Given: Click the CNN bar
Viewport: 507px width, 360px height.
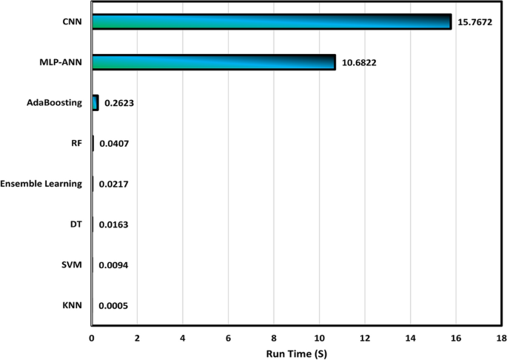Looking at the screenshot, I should tap(271, 21).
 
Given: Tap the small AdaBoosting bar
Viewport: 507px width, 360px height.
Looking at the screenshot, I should tap(95, 103).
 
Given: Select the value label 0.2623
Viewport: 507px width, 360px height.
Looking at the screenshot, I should tap(118, 104).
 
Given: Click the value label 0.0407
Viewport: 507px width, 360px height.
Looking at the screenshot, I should tap(113, 144).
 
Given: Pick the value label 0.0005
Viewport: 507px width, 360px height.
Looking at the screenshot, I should tap(113, 305).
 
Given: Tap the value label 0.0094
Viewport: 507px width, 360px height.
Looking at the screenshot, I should tap(113, 265).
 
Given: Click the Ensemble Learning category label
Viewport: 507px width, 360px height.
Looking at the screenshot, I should tap(41, 184).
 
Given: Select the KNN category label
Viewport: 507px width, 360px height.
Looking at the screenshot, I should tap(72, 304).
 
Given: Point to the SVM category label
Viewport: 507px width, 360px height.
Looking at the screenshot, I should tap(72, 264).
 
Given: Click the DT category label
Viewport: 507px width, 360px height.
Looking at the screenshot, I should tap(75, 224).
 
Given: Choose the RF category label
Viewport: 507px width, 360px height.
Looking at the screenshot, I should tap(76, 144).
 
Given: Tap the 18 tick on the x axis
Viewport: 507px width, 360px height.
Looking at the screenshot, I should tap(501, 337).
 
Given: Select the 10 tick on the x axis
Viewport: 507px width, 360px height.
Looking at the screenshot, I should tap(319, 337).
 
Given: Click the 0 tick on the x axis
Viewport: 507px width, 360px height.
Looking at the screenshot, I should tap(92, 337).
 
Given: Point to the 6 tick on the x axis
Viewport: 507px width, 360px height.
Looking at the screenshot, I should tap(228, 337).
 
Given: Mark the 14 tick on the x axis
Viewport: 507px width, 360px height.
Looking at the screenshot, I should tap(410, 337).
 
